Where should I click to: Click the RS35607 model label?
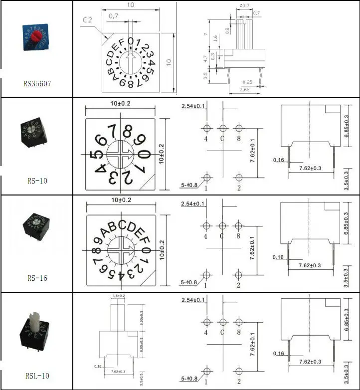(x=37, y=84)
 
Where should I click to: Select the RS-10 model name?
(x=37, y=181)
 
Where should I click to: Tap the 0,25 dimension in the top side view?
(x=246, y=82)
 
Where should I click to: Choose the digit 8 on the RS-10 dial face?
(x=128, y=132)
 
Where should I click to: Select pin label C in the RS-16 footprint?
(x=222, y=236)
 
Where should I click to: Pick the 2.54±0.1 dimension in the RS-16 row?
(x=193, y=203)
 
